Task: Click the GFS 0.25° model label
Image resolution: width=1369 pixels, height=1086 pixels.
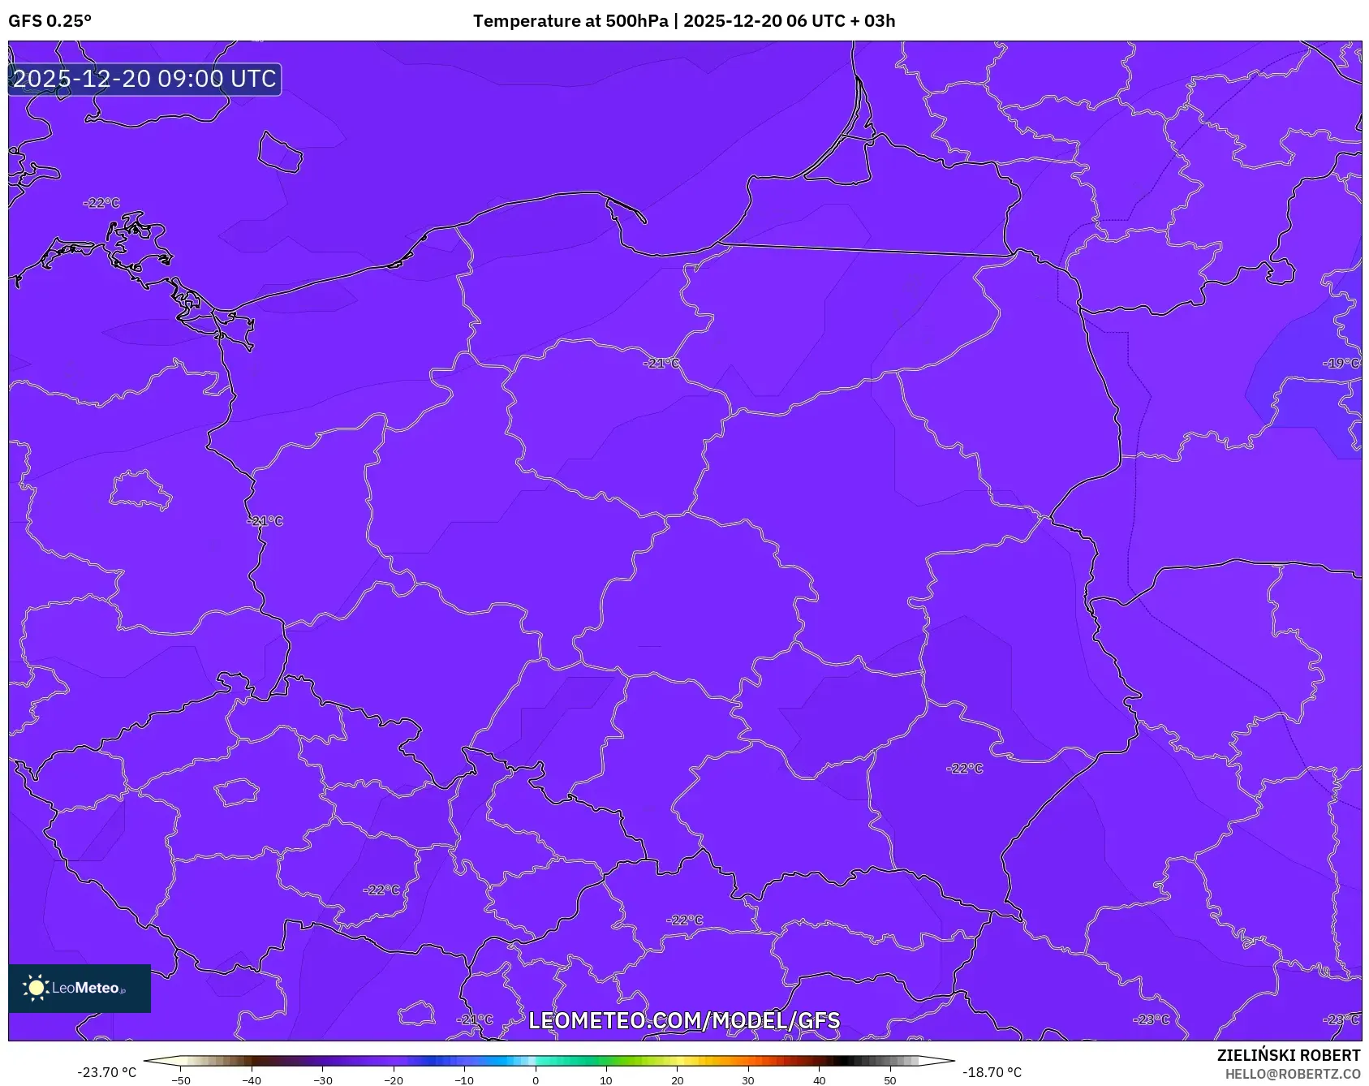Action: click(50, 21)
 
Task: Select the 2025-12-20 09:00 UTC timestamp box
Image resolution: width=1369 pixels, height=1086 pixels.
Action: click(144, 79)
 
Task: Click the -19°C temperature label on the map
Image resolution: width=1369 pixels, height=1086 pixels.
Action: click(1341, 364)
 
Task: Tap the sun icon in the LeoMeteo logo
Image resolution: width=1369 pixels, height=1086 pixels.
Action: click(36, 988)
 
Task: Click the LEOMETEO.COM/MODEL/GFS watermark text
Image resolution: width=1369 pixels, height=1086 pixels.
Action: click(684, 1020)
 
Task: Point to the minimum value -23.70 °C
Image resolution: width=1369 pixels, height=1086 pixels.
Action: click(106, 1072)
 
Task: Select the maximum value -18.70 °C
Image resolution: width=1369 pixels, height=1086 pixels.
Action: click(992, 1072)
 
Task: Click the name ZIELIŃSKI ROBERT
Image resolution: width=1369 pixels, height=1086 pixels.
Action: click(1288, 1055)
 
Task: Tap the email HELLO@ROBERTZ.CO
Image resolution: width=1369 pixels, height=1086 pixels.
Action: click(1292, 1074)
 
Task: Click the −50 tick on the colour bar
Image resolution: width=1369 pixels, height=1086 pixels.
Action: click(181, 1080)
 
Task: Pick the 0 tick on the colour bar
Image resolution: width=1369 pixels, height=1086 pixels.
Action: click(536, 1080)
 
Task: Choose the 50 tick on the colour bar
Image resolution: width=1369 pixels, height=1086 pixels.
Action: click(890, 1080)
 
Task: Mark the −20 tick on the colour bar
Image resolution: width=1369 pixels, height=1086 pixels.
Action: click(394, 1080)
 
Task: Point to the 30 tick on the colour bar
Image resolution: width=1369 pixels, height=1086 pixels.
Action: click(748, 1080)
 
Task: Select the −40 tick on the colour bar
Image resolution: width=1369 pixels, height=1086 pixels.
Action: click(252, 1080)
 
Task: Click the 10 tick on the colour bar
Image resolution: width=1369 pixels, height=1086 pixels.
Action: click(606, 1080)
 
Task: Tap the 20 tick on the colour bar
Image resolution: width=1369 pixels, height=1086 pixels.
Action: click(678, 1080)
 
